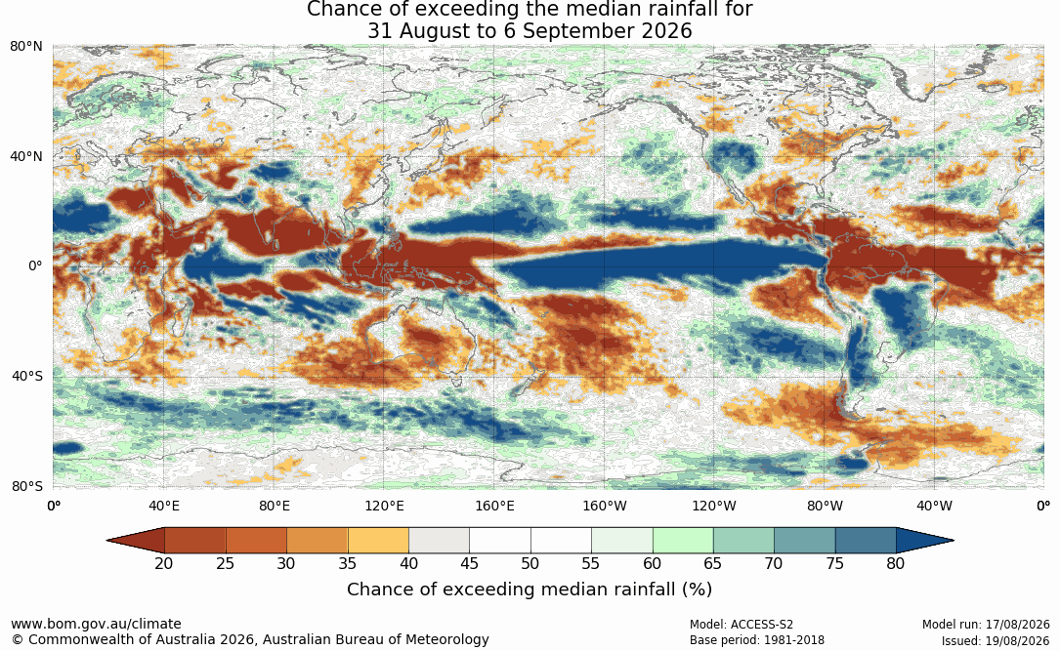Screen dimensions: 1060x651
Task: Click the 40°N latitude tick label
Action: pos(26,157)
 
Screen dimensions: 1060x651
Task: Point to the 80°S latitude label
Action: pos(27,486)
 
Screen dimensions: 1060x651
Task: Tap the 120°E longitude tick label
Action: pos(385,506)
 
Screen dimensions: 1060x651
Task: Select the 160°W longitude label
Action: pos(605,506)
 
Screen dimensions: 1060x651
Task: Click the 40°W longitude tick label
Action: pos(935,506)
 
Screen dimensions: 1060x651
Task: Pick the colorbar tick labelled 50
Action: pos(530,563)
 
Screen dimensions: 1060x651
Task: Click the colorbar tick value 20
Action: pos(164,563)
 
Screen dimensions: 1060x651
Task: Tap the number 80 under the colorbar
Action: pos(896,563)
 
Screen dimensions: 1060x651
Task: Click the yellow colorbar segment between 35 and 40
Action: pos(378,541)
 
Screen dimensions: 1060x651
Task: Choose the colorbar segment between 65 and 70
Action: pos(743,541)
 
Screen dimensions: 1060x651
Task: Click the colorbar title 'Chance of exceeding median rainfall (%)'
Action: pos(530,590)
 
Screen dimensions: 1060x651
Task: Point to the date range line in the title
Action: pos(530,31)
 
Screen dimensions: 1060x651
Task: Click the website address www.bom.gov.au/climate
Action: pos(96,624)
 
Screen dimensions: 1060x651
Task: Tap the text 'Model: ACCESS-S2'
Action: pos(742,625)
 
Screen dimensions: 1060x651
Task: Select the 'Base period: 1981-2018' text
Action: pos(757,640)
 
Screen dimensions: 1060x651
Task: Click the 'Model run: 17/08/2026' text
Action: pos(986,625)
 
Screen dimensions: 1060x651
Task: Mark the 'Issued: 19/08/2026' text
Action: pos(996,640)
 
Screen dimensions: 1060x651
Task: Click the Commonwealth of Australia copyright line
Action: pos(249,639)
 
